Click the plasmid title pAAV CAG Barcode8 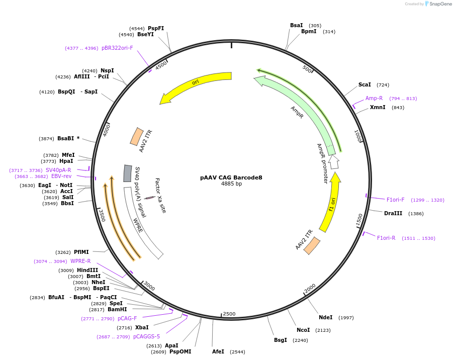[231, 177]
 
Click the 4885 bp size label [231, 184]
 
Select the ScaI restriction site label [365, 84]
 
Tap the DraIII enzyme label [393, 213]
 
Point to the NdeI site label [325, 317]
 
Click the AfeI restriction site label [218, 351]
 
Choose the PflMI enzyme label [81, 252]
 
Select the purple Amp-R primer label [374, 98]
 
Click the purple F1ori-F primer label [395, 200]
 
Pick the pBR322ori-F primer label [117, 48]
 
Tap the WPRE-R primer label [80, 261]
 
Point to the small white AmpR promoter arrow [334, 162]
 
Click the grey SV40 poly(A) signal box [128, 173]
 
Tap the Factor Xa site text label [159, 195]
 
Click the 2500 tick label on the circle [229, 314]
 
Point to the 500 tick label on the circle [307, 68]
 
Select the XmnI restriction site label [378, 107]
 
